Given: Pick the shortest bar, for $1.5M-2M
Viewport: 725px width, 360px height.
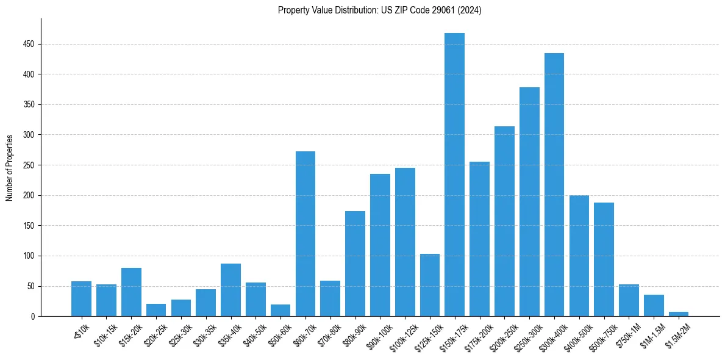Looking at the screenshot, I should [x=678, y=314].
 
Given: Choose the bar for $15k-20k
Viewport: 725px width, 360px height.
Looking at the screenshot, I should [x=131, y=292].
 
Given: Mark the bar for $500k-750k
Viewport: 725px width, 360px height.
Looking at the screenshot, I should [x=604, y=259].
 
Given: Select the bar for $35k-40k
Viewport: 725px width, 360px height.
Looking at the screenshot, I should [x=230, y=290].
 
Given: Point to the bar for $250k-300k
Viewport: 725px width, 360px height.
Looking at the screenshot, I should [x=529, y=202].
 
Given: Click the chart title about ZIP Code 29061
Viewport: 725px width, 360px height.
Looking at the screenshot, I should [x=379, y=10].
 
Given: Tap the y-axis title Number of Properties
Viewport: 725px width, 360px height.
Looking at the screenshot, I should [x=9, y=167].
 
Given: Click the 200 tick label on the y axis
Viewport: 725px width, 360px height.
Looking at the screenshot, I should [x=29, y=195].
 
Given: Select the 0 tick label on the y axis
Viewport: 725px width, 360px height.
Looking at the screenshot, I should [x=32, y=316].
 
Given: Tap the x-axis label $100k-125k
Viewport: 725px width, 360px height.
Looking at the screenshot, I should [x=401, y=334].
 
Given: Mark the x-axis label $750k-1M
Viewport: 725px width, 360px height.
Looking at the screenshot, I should [x=626, y=333].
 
